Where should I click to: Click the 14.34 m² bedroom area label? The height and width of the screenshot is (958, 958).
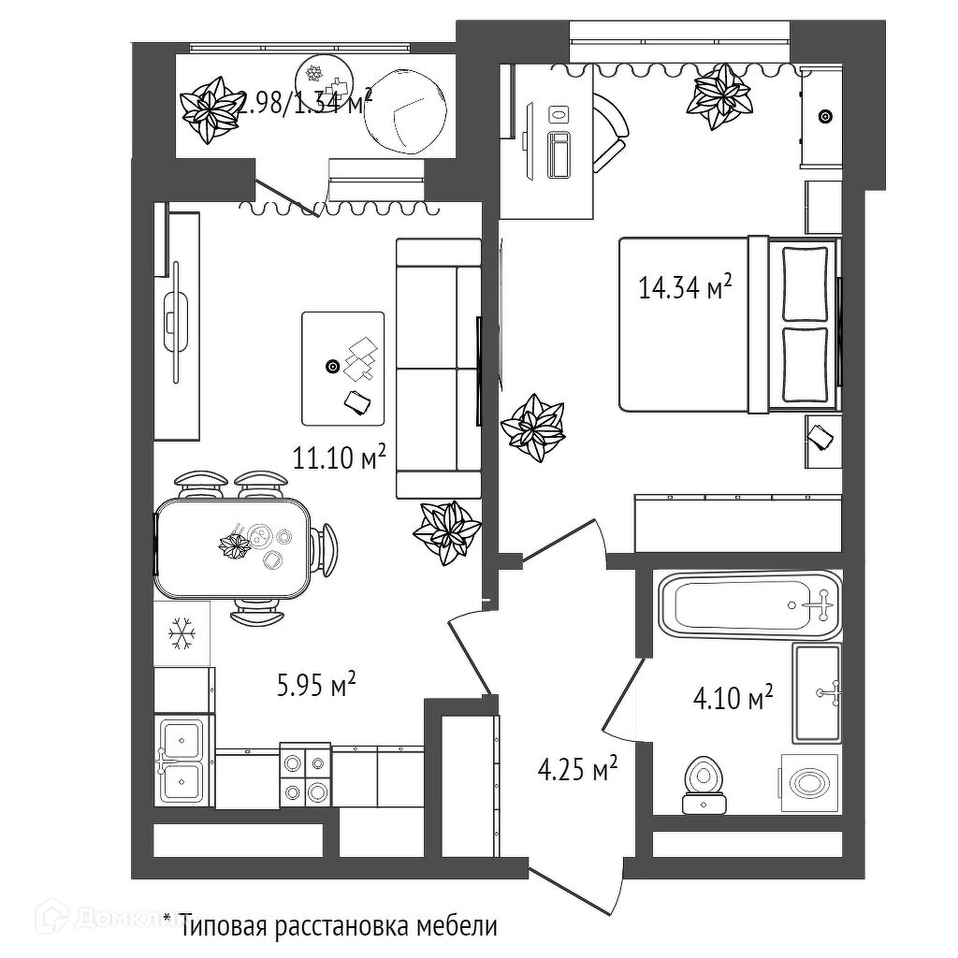pyautogui.click(x=684, y=287)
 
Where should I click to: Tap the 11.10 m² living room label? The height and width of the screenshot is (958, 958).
pyautogui.click(x=340, y=458)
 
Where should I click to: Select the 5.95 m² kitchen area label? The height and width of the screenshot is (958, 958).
pyautogui.click(x=316, y=687)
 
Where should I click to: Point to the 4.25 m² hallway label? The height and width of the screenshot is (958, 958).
pyautogui.click(x=577, y=771)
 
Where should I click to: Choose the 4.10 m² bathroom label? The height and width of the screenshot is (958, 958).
pyautogui.click(x=733, y=697)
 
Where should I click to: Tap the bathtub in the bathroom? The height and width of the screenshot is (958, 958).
pyautogui.click(x=749, y=604)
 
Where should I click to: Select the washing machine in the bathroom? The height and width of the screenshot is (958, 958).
pyautogui.click(x=807, y=780)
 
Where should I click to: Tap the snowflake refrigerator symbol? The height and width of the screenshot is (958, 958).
pyautogui.click(x=181, y=635)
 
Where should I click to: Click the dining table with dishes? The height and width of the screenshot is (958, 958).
pyautogui.click(x=234, y=548)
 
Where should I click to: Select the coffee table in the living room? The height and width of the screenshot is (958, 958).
pyautogui.click(x=342, y=368)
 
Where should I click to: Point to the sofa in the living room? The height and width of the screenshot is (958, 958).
pyautogui.click(x=438, y=368)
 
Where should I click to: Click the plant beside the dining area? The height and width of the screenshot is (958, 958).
pyautogui.click(x=447, y=531)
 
